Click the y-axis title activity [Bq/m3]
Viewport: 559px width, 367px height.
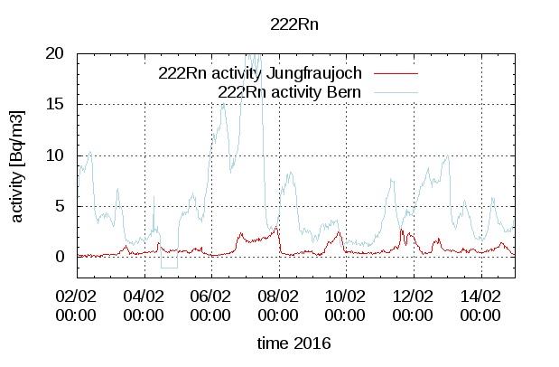click(x=18, y=167)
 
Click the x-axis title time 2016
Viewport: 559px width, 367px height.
click(x=293, y=344)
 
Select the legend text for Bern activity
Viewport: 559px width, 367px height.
click(x=290, y=91)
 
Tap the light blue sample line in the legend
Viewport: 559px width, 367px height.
click(x=396, y=91)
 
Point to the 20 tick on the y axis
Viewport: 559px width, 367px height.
click(x=54, y=53)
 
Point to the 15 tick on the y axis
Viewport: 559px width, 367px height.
click(x=54, y=104)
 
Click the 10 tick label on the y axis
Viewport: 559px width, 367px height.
click(x=54, y=155)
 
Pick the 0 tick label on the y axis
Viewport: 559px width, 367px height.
click(x=60, y=257)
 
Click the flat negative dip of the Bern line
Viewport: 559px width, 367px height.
click(x=169, y=268)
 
